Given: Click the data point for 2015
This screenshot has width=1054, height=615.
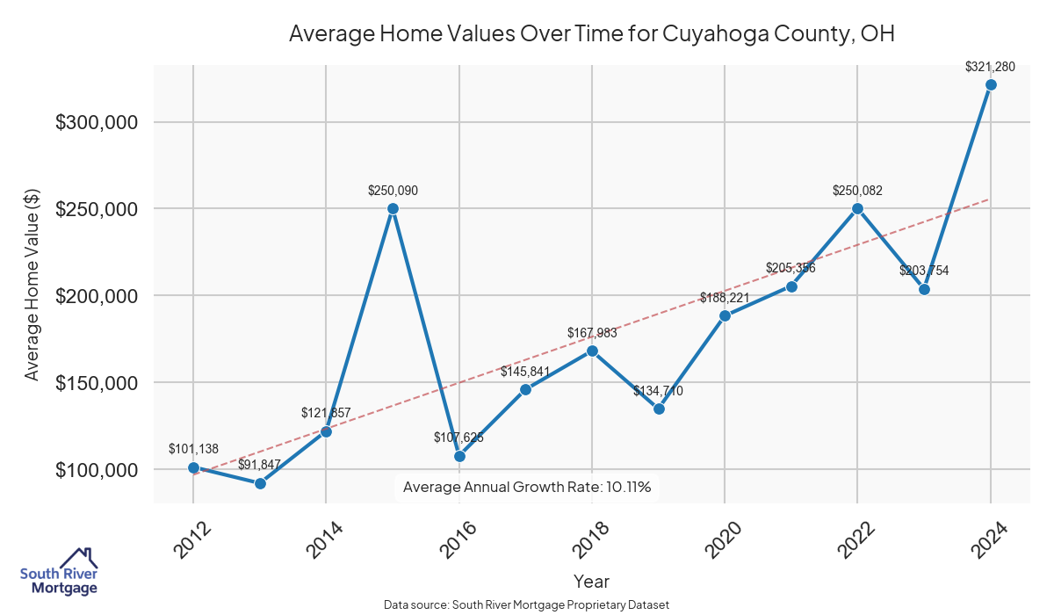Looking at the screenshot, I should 393,209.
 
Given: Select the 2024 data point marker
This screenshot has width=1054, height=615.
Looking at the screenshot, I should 991,85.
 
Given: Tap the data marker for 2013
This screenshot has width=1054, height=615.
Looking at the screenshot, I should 260,483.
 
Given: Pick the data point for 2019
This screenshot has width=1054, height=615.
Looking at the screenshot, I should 659,409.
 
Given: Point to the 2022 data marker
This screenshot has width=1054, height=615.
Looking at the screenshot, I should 857,209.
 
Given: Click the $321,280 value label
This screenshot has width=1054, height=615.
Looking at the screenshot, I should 990,66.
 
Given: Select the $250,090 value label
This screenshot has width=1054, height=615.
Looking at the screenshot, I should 393,190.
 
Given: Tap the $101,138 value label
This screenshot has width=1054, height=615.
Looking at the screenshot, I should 193,449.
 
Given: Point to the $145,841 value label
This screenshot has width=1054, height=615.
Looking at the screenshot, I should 525,372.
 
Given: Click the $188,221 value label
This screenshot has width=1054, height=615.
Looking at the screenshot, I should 725,298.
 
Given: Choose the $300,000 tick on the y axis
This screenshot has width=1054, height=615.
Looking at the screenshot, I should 97,122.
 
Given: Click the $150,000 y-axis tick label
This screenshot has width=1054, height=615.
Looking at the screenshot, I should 97,383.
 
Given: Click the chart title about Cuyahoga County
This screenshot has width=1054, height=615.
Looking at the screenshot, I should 592,34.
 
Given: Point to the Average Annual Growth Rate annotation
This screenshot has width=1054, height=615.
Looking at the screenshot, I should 526,487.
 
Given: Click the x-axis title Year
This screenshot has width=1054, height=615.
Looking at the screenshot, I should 591,582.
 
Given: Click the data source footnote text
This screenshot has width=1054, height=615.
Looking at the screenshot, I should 526,605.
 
